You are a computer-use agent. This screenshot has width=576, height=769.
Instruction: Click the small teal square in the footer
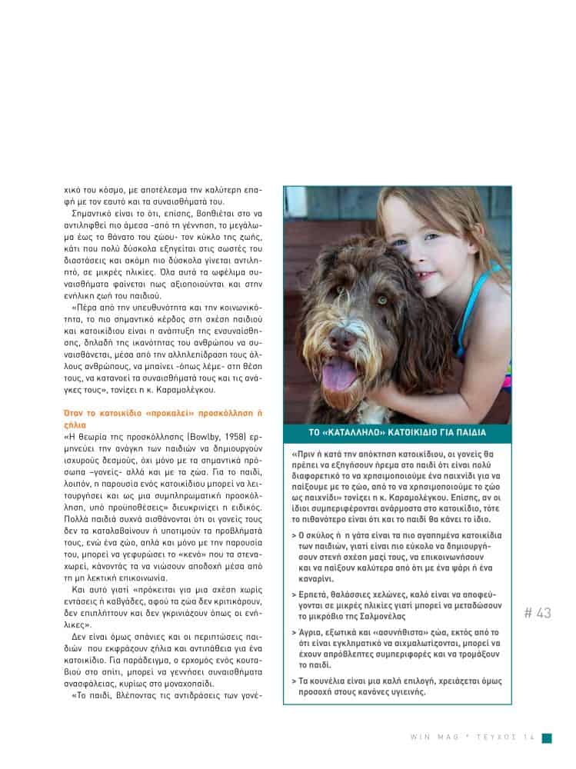pyautogui.click(x=547, y=737)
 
